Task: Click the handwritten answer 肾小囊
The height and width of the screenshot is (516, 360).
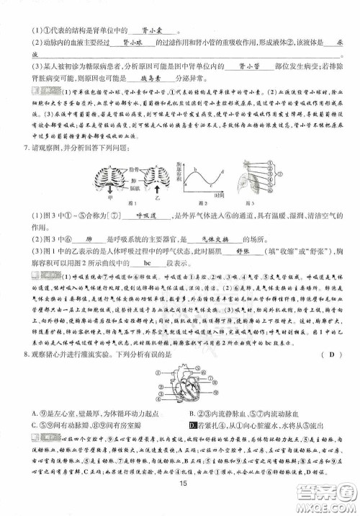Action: point(151,30)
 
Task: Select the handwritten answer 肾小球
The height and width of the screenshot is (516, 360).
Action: point(135,43)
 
